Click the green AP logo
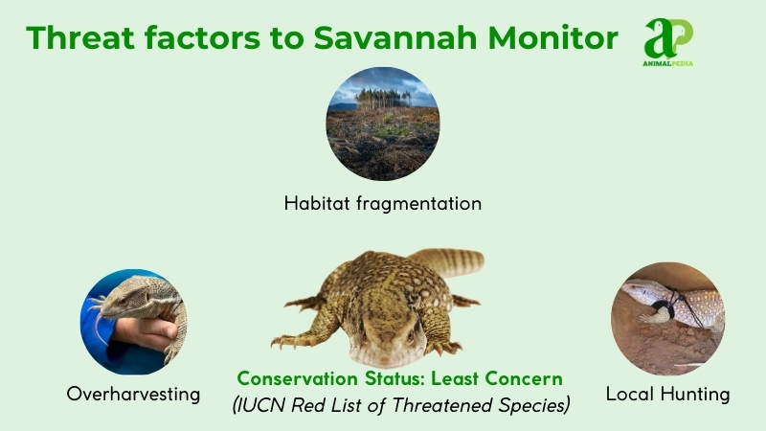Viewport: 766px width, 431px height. (x=668, y=36)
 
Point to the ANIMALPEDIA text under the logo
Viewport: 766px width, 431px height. (x=668, y=63)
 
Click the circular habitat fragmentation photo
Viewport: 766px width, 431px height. (x=382, y=124)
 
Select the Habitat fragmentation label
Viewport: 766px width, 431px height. (x=382, y=203)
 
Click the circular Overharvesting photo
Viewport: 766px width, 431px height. (x=134, y=321)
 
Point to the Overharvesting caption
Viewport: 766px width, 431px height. (x=134, y=394)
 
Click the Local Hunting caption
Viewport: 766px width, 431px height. (x=667, y=394)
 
